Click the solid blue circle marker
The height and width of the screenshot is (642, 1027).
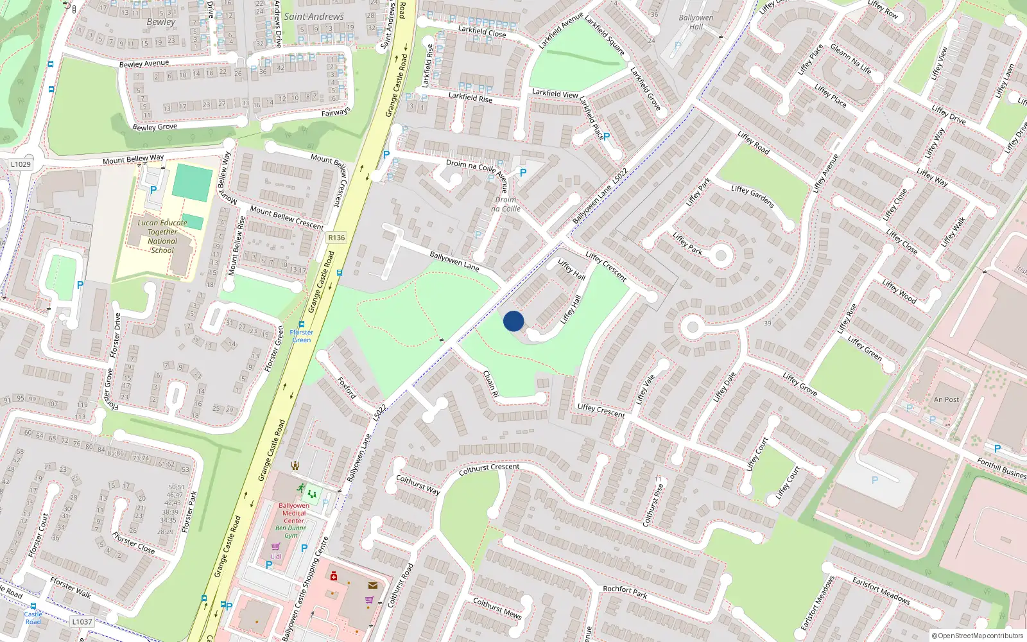pyautogui.click(x=513, y=321)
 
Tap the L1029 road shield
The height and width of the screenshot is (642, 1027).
pyautogui.click(x=21, y=164)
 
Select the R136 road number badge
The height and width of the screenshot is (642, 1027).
pyautogui.click(x=336, y=238)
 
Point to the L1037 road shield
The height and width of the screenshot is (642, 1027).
pyautogui.click(x=82, y=621)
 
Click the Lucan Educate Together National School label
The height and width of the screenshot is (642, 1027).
pyautogui.click(x=162, y=236)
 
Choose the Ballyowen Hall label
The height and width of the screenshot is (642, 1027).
pyautogui.click(x=696, y=22)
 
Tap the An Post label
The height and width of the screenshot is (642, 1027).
pyautogui.click(x=946, y=399)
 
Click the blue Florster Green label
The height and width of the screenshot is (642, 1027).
pyautogui.click(x=301, y=336)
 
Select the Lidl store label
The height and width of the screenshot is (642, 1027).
pyautogui.click(x=276, y=556)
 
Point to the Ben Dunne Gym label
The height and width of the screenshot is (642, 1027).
pyautogui.click(x=291, y=532)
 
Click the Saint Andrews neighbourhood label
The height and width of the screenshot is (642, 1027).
pyautogui.click(x=314, y=17)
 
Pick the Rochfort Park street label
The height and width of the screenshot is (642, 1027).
pyautogui.click(x=625, y=591)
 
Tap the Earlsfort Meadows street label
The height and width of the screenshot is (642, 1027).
pyautogui.click(x=881, y=590)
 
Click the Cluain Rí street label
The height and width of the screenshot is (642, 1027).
pyautogui.click(x=490, y=383)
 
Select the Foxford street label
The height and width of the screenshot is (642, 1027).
pyautogui.click(x=347, y=388)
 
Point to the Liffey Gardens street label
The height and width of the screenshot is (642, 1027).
pyautogui.click(x=752, y=196)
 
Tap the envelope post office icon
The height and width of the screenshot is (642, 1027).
pyautogui.click(x=373, y=585)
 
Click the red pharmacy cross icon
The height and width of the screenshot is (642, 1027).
pyautogui.click(x=333, y=577)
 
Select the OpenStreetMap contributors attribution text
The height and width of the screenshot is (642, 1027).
pyautogui.click(x=978, y=636)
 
